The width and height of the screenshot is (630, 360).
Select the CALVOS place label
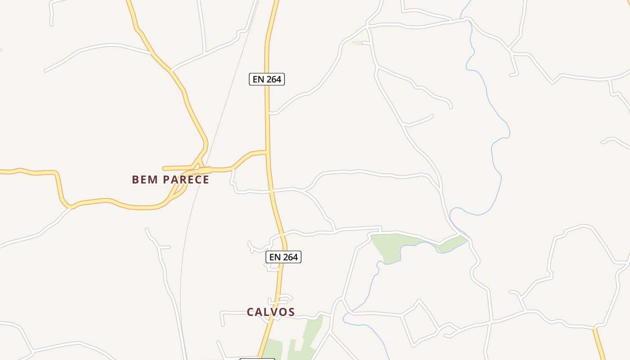(x=271, y=312)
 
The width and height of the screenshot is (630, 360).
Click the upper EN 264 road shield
(x=267, y=79)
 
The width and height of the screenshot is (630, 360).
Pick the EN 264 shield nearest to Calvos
(x=283, y=257)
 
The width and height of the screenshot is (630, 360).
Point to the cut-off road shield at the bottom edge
(x=257, y=359)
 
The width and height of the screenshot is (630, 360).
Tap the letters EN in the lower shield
(x=274, y=257)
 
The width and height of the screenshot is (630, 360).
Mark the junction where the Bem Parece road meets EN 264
(x=267, y=152)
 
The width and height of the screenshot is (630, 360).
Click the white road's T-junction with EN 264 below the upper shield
(x=269, y=113)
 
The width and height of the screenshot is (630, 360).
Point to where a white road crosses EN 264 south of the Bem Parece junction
(x=271, y=191)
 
